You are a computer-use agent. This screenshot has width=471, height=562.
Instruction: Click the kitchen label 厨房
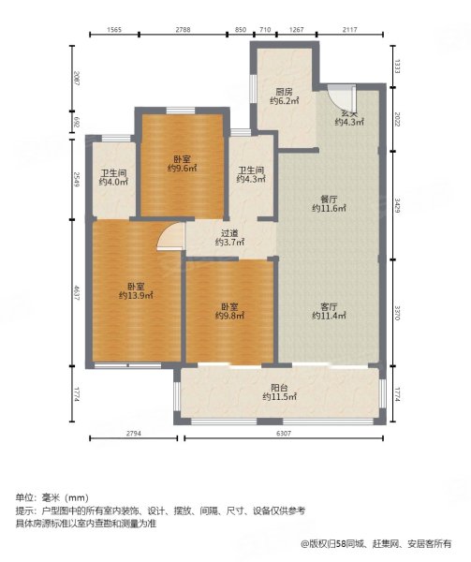pos(284,92)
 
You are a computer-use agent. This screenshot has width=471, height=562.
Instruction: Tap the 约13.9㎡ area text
pos(136,296)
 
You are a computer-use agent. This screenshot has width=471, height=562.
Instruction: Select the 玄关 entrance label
pos(349,113)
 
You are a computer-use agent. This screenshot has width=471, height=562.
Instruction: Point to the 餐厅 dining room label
pos(329,200)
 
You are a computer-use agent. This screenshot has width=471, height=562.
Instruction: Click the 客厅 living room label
pos(329,307)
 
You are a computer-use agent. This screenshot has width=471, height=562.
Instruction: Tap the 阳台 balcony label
pos(279,388)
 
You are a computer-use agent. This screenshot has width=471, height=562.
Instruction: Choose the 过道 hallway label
pos(229,233)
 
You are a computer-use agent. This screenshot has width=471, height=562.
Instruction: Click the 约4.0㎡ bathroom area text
pos(113,182)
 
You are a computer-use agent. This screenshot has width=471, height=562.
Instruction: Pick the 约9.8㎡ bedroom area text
pos(229,316)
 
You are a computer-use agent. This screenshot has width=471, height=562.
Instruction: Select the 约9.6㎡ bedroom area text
pos(183,168)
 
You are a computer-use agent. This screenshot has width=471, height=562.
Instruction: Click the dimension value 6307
pos(284,434)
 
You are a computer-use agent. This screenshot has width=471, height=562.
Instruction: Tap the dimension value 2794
pos(134,434)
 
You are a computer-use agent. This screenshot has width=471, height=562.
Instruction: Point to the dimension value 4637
pos(77,292)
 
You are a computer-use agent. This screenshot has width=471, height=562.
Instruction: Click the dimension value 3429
pos(397,205)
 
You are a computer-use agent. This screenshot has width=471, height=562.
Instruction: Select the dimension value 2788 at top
pos(183,30)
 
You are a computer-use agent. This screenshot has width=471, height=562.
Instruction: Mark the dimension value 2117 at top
pos(349,30)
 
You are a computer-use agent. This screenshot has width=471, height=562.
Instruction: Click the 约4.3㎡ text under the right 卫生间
pos(251,179)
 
